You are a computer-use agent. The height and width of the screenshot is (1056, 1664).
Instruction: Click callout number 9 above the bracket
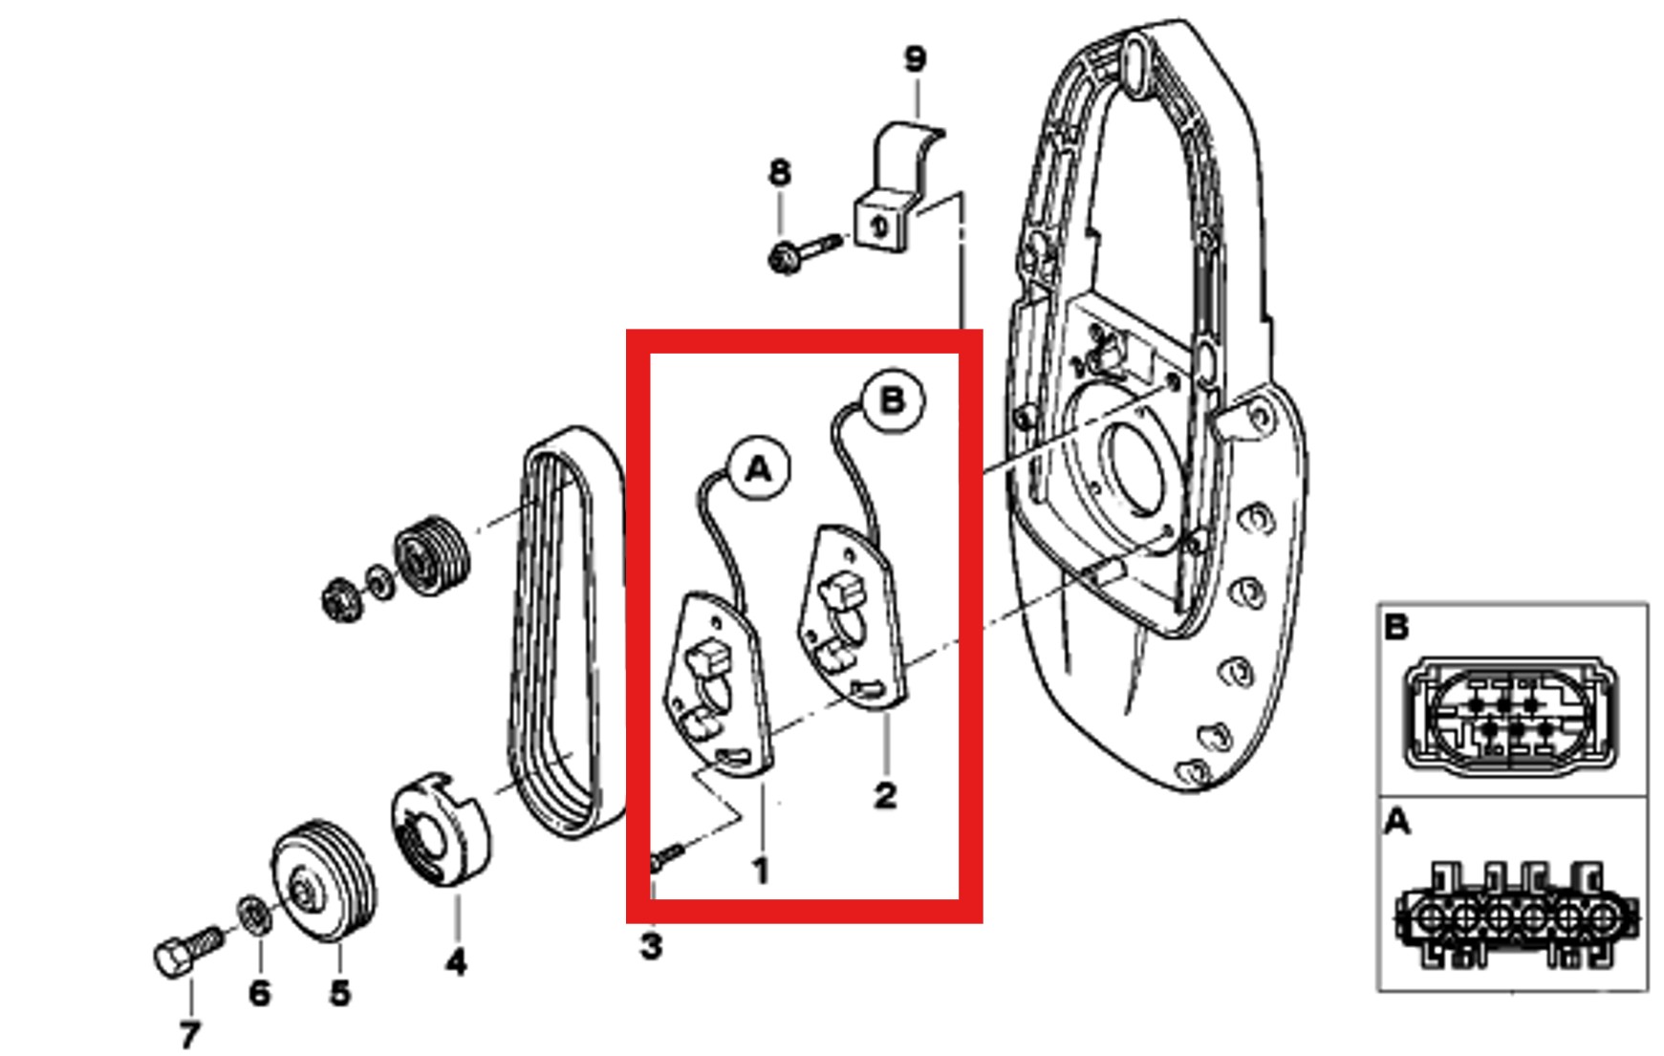click(x=915, y=59)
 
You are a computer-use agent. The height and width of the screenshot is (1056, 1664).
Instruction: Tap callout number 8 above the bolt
click(x=780, y=173)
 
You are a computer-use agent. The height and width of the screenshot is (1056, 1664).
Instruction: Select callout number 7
click(x=189, y=1034)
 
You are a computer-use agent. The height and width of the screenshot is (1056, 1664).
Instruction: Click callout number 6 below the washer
click(x=259, y=993)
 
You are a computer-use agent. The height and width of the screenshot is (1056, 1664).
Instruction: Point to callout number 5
click(x=340, y=993)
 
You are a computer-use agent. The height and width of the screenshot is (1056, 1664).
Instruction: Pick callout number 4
click(x=456, y=961)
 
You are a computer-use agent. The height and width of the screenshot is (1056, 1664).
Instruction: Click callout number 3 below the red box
click(x=651, y=946)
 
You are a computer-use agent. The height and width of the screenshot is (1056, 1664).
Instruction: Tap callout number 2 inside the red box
click(x=885, y=795)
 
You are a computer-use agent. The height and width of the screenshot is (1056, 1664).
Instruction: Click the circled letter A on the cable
click(x=758, y=469)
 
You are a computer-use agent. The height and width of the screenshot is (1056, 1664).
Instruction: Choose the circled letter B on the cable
click(x=892, y=400)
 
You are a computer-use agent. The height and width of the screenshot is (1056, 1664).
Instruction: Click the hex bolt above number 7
click(x=187, y=950)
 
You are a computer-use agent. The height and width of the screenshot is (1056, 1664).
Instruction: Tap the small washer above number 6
click(x=252, y=915)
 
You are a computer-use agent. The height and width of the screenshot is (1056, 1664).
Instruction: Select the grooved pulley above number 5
click(x=323, y=879)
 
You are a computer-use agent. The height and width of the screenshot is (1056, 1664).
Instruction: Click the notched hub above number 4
click(x=440, y=828)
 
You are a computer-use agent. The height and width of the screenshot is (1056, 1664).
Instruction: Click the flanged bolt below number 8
click(x=804, y=251)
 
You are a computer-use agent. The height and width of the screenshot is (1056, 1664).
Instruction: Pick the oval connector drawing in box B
click(x=1511, y=713)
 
